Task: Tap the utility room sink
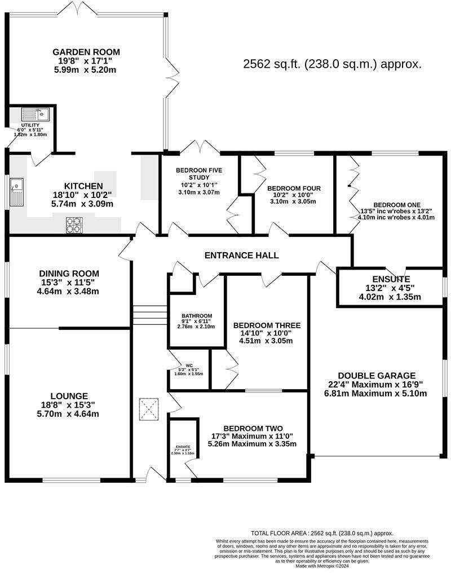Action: (x=36, y=114)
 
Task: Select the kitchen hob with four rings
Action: (x=74, y=225)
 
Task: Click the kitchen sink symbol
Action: (x=16, y=192)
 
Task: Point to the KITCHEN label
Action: (x=83, y=186)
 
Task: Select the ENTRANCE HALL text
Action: (x=241, y=255)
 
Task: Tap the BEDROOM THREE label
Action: (x=267, y=325)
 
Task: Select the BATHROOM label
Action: (x=197, y=315)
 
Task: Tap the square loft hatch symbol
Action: (x=150, y=410)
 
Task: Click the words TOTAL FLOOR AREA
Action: (x=280, y=533)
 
